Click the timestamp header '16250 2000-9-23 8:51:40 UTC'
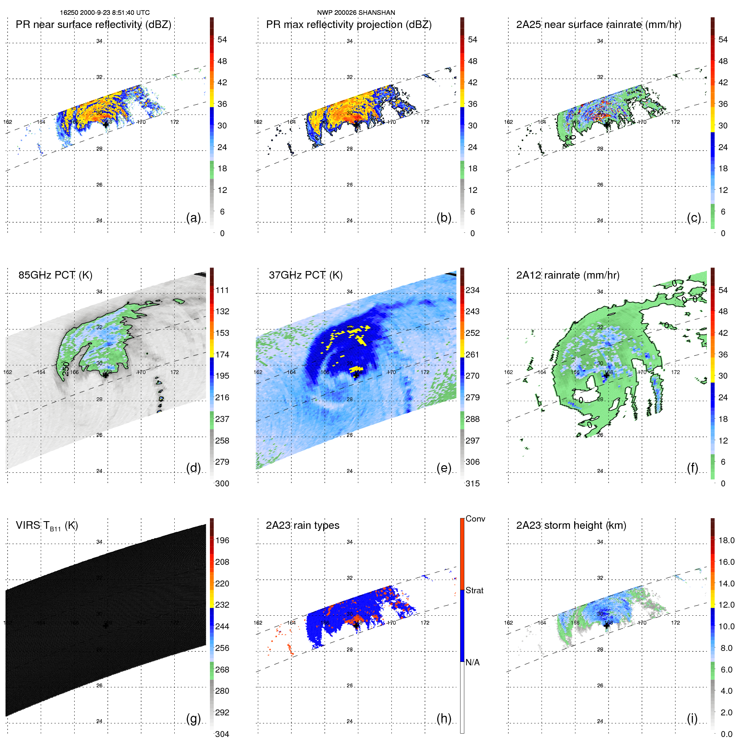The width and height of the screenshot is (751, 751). (x=104, y=13)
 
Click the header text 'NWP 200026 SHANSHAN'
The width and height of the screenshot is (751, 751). (x=356, y=13)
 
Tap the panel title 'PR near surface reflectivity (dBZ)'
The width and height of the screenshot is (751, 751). (x=93, y=25)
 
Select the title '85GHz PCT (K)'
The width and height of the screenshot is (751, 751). (x=55, y=275)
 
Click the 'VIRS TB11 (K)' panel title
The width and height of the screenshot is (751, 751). (x=47, y=526)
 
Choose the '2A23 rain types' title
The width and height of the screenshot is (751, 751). (x=302, y=525)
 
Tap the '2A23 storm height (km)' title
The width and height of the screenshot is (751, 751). (x=571, y=525)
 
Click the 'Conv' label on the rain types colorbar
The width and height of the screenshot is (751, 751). (x=475, y=519)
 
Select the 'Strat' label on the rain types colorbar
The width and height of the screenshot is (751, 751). (x=474, y=590)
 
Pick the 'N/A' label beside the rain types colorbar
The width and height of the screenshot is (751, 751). (x=472, y=662)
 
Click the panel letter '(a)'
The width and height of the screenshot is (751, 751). (x=193, y=218)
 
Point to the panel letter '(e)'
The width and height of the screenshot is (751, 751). (x=444, y=468)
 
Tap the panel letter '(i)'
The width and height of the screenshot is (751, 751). (x=692, y=718)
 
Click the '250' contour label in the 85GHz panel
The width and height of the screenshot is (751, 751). (x=66, y=369)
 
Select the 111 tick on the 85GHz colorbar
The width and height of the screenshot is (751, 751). (x=222, y=290)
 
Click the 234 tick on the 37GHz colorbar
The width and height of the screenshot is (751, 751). (x=472, y=290)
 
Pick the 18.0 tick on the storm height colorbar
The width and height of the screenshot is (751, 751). (x=726, y=540)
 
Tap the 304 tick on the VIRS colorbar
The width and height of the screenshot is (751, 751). (x=222, y=734)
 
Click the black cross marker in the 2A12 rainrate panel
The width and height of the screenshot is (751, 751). (x=606, y=375)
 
